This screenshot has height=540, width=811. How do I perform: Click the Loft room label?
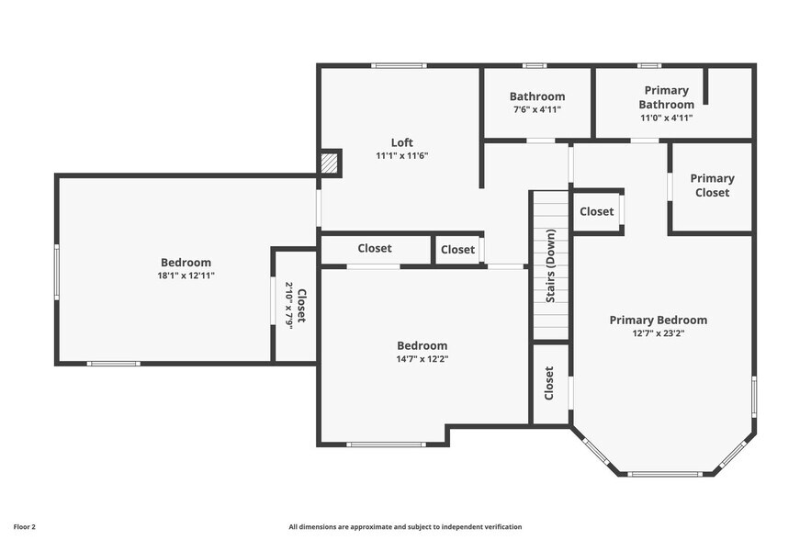click(x=402, y=142)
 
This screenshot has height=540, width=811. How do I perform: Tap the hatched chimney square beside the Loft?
click(x=330, y=163)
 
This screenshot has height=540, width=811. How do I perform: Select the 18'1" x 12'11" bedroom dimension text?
click(x=186, y=276)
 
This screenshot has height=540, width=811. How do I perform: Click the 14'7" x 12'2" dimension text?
click(x=422, y=359)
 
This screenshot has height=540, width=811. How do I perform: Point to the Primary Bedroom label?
click(x=659, y=320)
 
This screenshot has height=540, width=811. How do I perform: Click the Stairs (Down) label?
click(x=551, y=265)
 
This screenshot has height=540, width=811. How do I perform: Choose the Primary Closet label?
click(x=712, y=186)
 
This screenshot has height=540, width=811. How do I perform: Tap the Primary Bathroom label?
click(x=667, y=97)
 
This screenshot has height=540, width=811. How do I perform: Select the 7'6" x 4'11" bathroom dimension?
click(x=537, y=109)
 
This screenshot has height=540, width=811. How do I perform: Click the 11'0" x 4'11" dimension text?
click(x=667, y=118)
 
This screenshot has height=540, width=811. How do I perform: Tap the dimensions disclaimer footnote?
click(x=405, y=527)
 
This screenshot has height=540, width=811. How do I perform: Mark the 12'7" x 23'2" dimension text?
click(x=659, y=333)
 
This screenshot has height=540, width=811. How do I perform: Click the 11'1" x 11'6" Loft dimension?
click(x=402, y=156)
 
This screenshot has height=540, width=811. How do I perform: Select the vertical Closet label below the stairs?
click(x=549, y=383)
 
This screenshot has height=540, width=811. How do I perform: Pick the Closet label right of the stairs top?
click(x=596, y=211)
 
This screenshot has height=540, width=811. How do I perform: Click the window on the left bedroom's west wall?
click(x=57, y=271)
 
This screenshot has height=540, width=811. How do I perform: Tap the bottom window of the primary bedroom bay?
click(x=665, y=474)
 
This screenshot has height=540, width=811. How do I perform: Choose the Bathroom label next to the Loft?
click(x=537, y=96)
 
